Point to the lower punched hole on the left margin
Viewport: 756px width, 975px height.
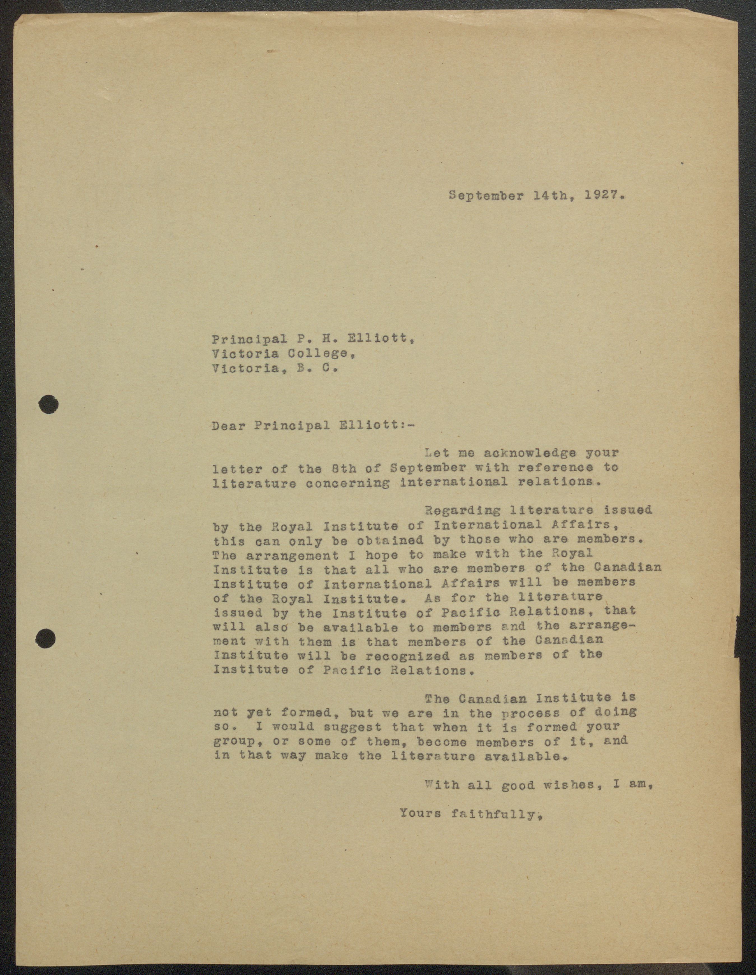(x=47, y=637)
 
